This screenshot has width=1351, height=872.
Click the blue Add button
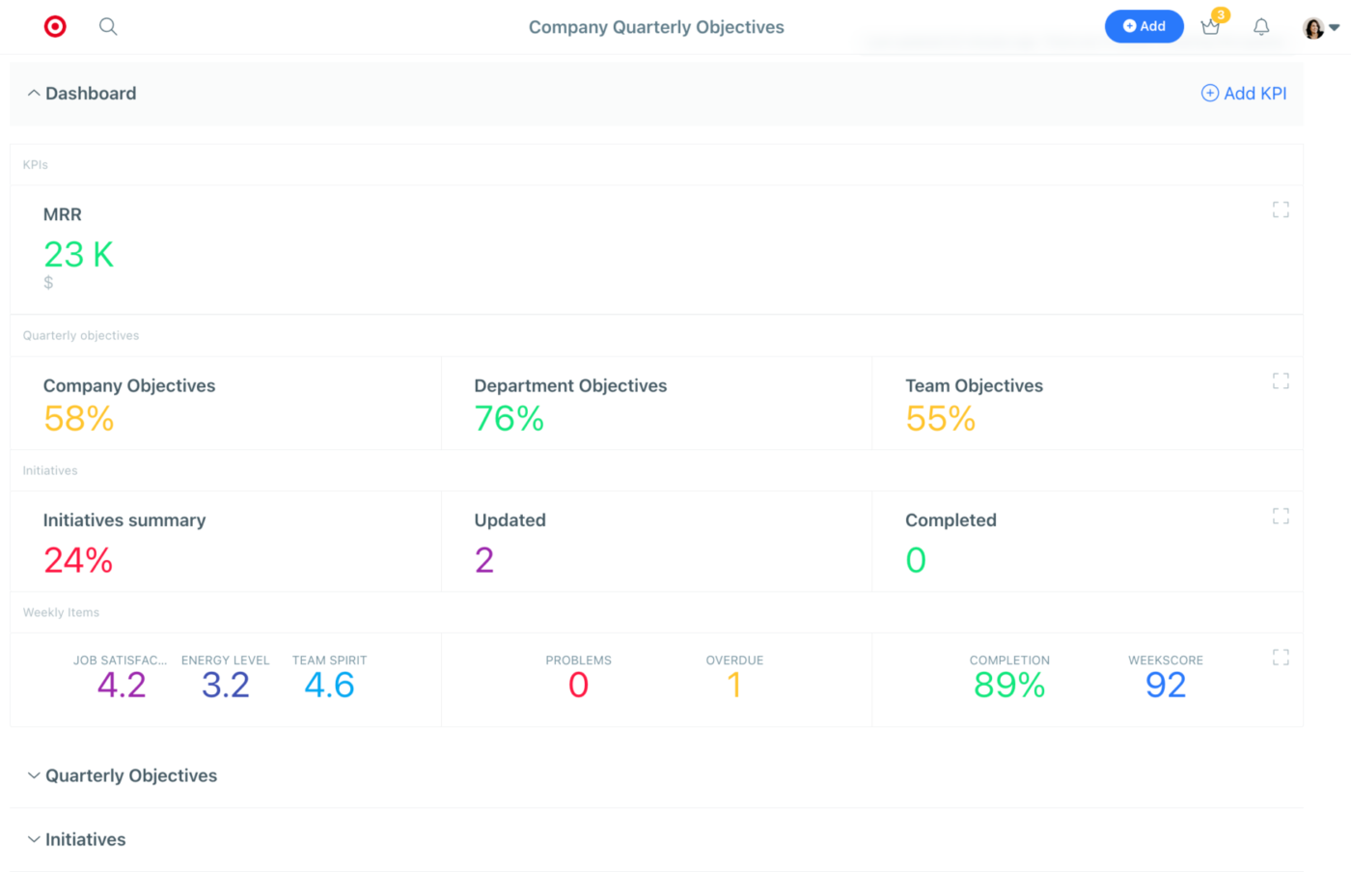1144,26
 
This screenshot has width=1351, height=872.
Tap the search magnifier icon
108,26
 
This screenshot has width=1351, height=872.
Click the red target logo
55,26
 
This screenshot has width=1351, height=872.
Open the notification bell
1261,26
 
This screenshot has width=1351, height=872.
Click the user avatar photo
1313,28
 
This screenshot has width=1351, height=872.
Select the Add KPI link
1244,94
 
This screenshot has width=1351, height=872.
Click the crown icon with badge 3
1211,26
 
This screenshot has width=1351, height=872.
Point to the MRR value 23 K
78,254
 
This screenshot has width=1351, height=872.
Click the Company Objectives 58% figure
78,418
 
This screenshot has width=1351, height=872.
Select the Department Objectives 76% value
510,418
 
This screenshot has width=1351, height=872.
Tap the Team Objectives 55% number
940,418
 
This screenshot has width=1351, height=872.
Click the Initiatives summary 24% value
78,560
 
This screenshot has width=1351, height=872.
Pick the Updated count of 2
484,560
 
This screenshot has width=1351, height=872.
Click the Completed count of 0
916,560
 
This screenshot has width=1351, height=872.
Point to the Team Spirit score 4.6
329,685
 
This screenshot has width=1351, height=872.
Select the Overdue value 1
734,685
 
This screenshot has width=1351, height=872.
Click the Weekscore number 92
1166,685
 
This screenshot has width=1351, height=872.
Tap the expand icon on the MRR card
1281,210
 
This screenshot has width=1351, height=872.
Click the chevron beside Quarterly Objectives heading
34,775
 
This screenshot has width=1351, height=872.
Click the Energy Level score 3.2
226,685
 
